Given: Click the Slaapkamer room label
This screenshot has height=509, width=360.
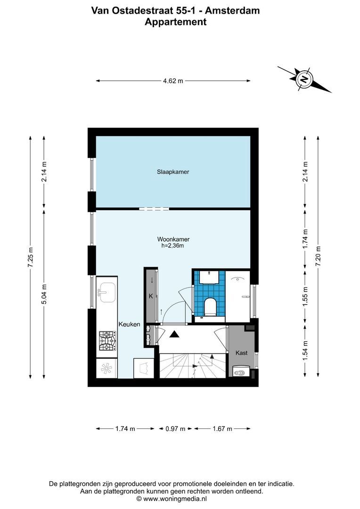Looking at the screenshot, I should click(x=173, y=172).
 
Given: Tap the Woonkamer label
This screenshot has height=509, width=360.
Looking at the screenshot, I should click(x=173, y=239).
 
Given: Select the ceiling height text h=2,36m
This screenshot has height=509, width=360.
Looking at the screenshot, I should click(x=173, y=246).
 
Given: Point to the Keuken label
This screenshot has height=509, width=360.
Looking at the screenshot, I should click(x=129, y=324).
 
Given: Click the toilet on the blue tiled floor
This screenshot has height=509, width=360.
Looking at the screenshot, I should click(x=210, y=306).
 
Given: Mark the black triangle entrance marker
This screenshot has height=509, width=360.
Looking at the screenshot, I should click(x=175, y=334).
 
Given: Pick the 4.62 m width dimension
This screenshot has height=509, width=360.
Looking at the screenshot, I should click(x=173, y=81).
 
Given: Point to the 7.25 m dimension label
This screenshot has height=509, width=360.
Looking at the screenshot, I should click(x=31, y=257).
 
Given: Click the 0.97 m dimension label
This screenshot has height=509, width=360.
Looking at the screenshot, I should click(x=175, y=428).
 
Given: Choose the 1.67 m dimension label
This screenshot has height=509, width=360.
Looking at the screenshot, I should click(x=222, y=428).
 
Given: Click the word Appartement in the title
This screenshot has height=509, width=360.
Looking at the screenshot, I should click(x=175, y=22).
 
